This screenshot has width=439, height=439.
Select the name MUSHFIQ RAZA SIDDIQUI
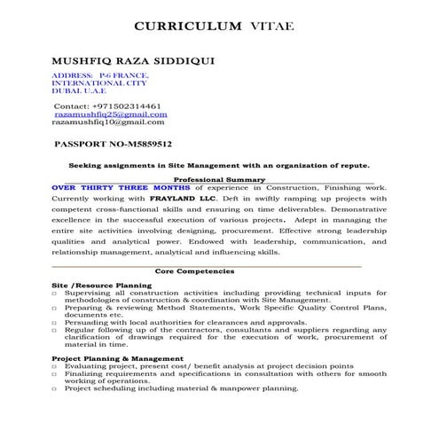point(129,64)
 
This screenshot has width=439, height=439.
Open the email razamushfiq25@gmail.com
point(111,114)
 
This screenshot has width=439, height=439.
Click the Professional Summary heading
point(219,179)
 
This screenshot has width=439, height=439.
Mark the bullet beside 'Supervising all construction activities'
point(55,293)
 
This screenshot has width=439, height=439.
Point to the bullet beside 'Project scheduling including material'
point(55,388)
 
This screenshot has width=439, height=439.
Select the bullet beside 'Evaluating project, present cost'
point(55,366)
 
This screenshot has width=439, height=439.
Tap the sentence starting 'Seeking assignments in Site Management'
point(219,165)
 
